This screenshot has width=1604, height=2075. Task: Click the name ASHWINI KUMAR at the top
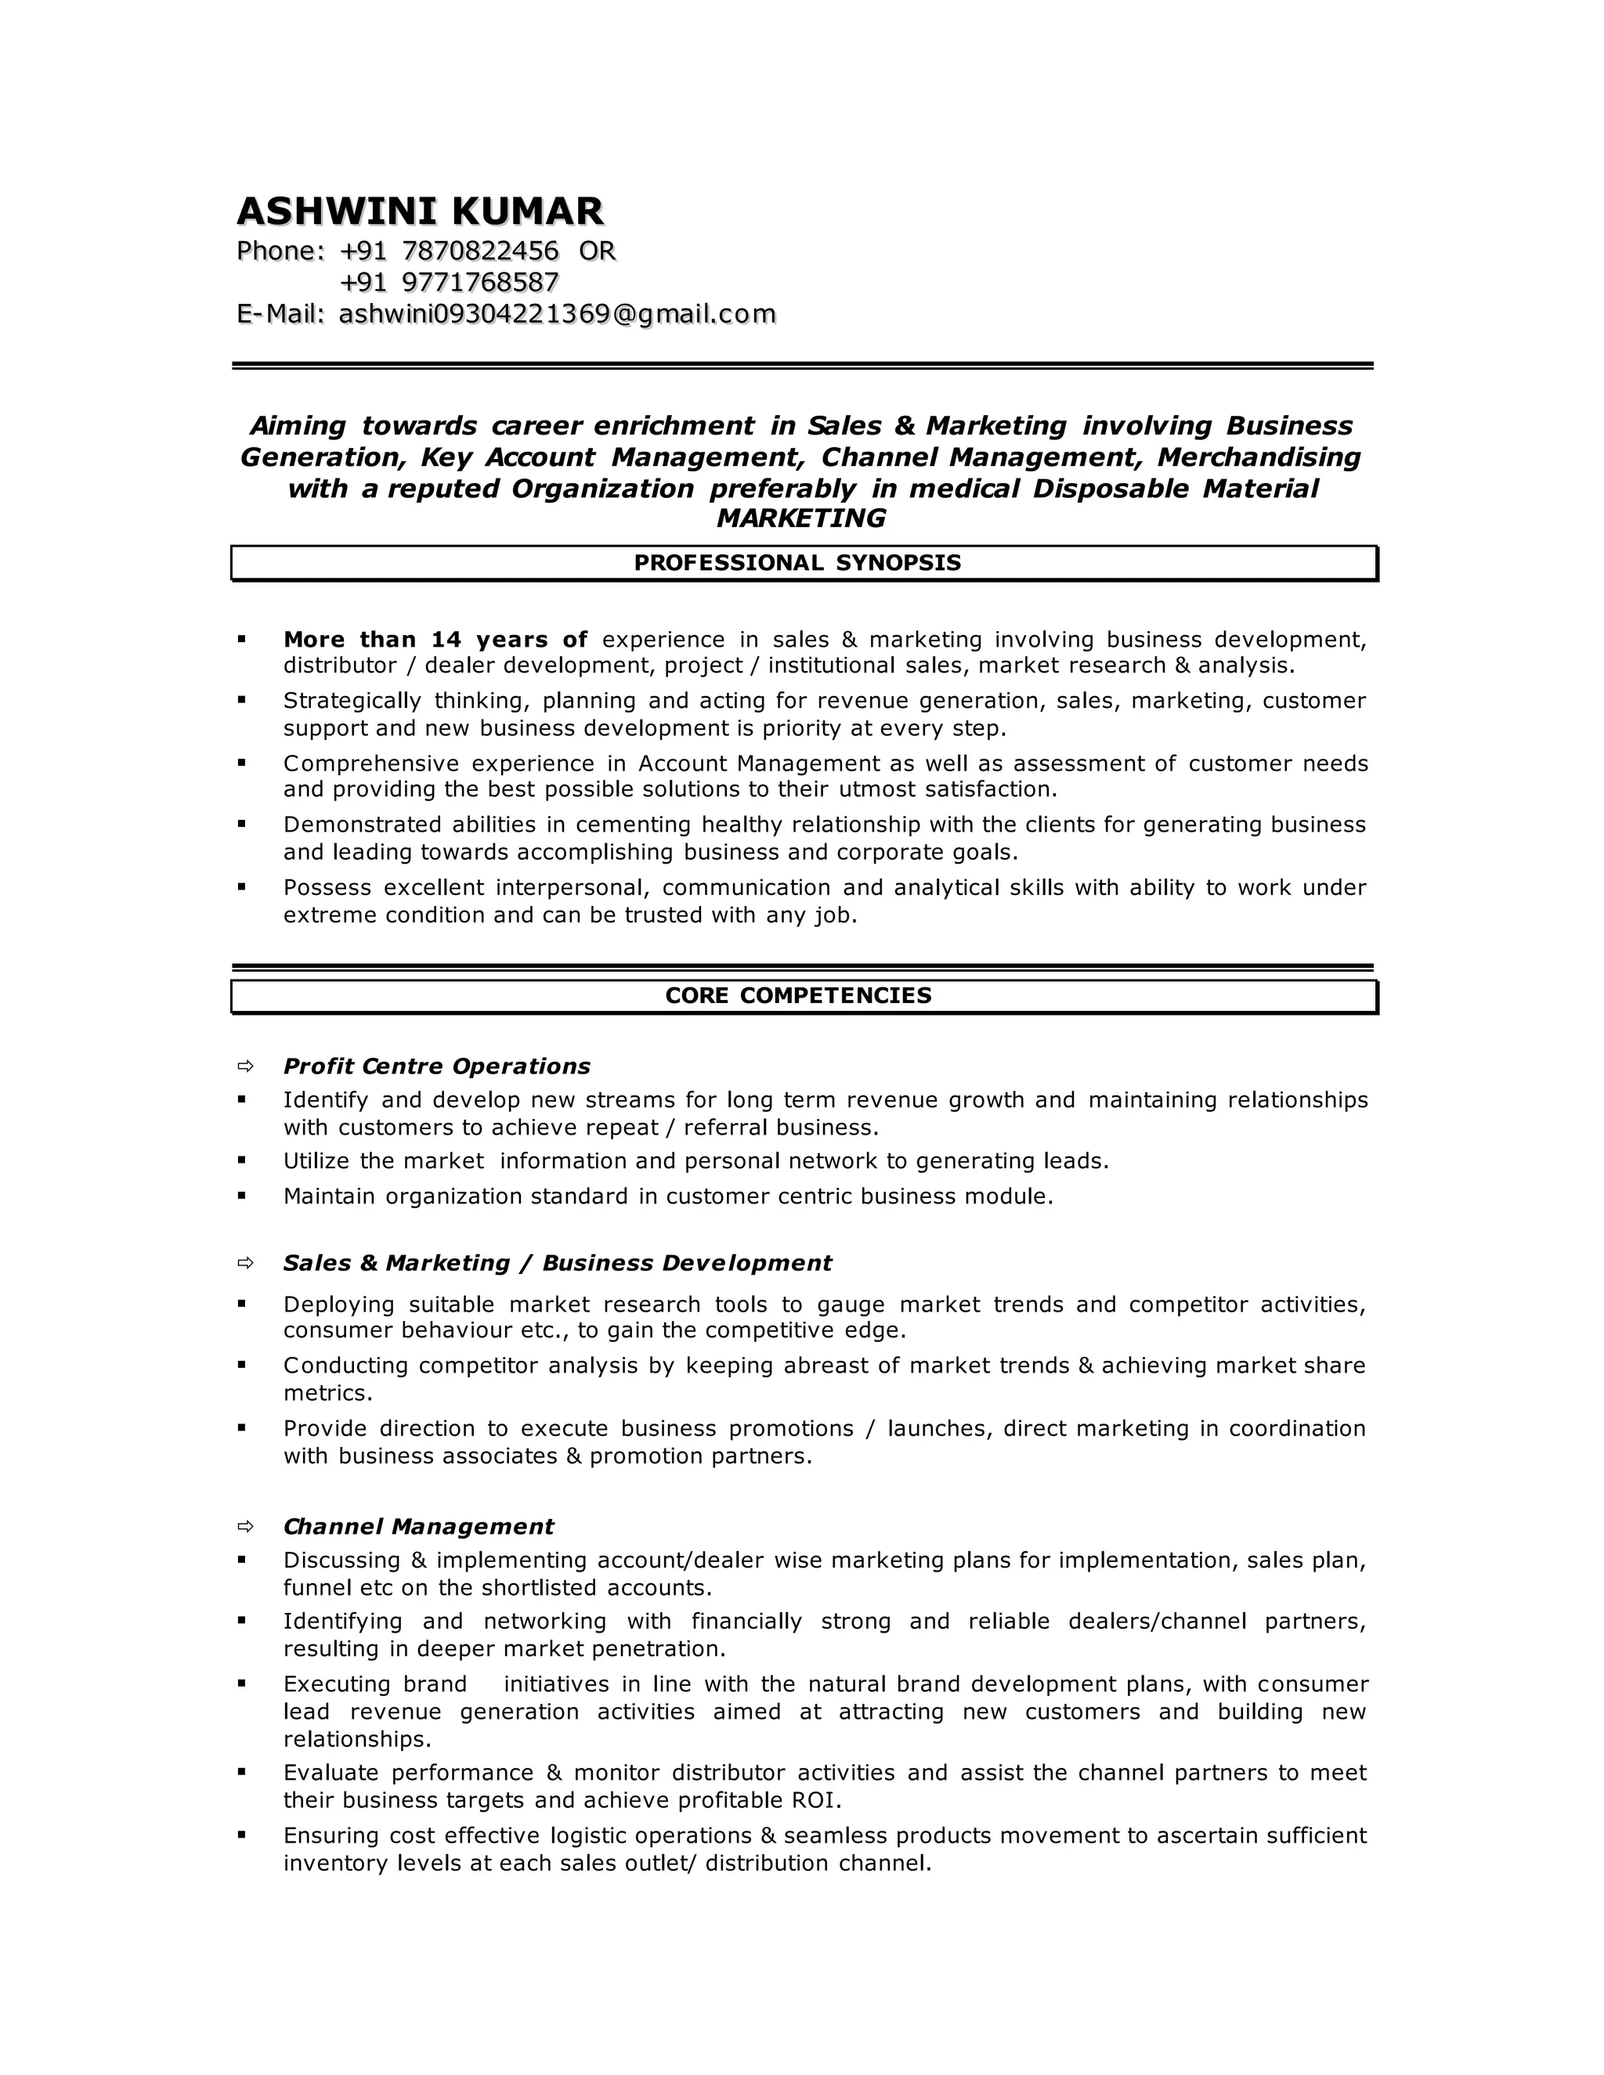[419, 211]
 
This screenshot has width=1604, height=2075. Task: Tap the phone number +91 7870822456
[449, 251]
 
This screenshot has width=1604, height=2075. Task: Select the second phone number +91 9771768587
[449, 282]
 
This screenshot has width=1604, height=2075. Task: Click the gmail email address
[557, 313]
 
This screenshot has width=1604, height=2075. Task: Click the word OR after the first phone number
[597, 251]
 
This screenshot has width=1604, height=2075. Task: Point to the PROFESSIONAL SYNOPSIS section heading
[797, 562]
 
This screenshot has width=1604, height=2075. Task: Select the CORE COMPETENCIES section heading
[797, 996]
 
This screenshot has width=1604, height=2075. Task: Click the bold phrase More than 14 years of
[435, 640]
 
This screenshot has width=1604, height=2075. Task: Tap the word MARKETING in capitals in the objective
[800, 518]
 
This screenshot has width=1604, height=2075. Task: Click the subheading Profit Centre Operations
[436, 1066]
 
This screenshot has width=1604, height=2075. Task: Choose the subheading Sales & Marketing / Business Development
[557, 1263]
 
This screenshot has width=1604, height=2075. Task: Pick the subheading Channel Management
[418, 1526]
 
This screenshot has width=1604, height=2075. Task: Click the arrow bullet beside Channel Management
[245, 1526]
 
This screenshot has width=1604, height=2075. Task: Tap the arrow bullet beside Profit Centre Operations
[245, 1066]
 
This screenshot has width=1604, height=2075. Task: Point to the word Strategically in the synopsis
[352, 701]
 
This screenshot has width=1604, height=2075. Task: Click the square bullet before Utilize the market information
[241, 1160]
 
